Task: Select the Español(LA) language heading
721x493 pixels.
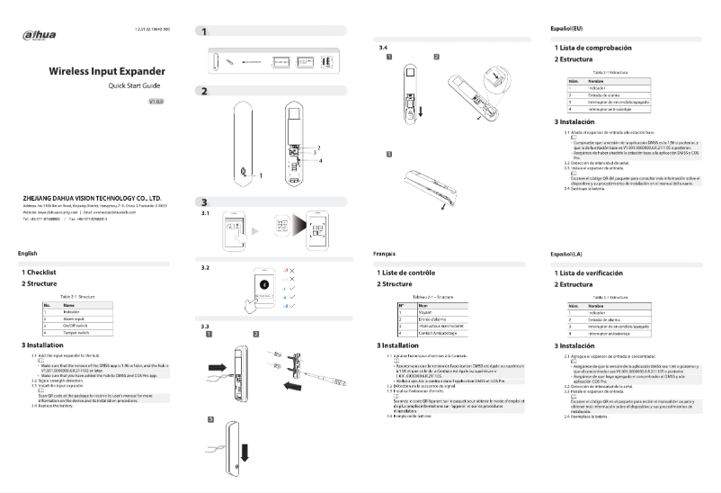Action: tap(569, 255)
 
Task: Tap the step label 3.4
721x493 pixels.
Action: tap(384, 46)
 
